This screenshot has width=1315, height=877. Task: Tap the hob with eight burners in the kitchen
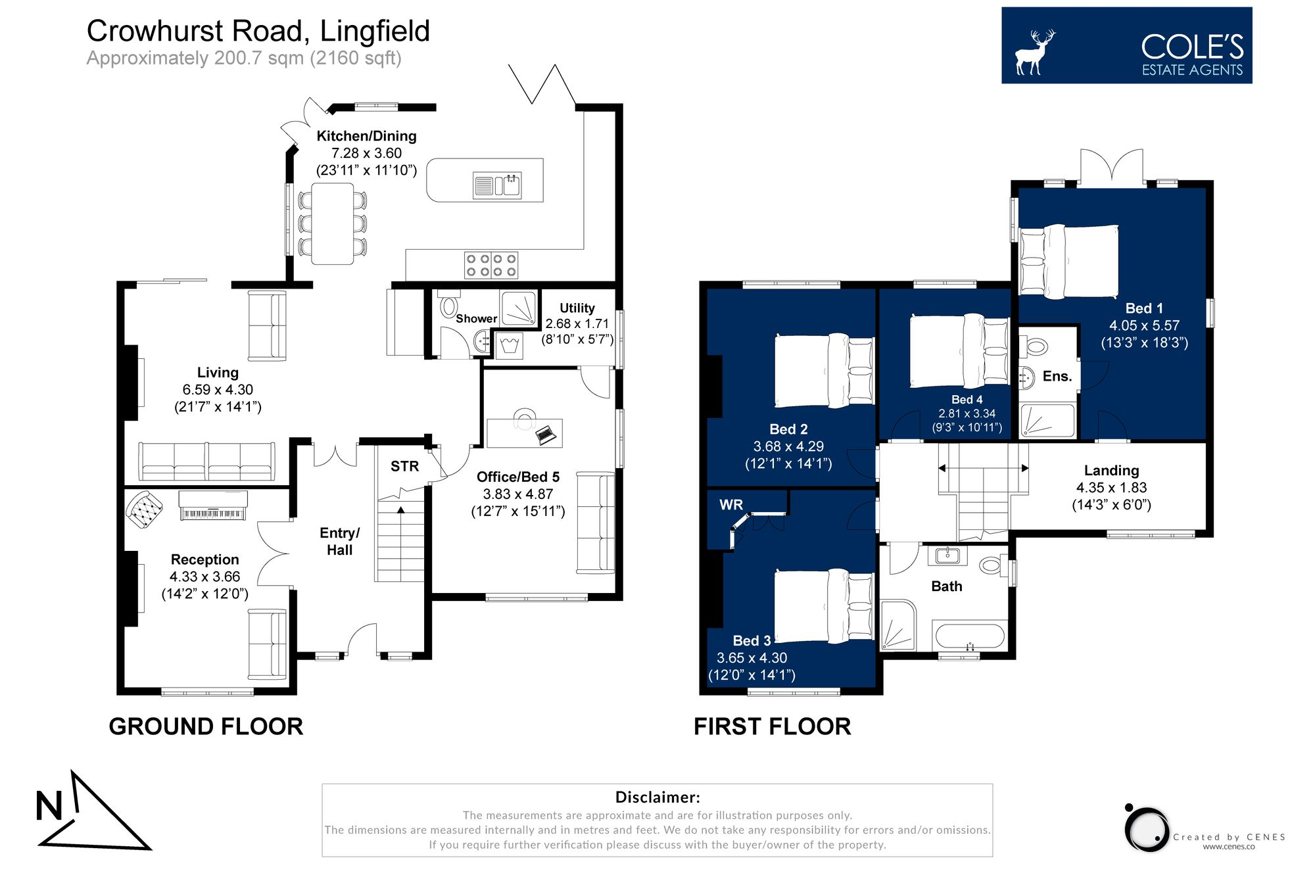pos(491,265)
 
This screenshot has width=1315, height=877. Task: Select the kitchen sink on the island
pos(498,185)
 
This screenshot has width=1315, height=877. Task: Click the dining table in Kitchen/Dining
pos(332,224)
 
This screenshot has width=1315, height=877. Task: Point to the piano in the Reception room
pos(213,506)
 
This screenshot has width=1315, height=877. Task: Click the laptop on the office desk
pos(546,435)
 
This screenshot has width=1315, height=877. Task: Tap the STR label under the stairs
pos(404,466)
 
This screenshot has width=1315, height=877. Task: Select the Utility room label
pos(577,308)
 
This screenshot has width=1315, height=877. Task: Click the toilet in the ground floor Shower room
pos(450,306)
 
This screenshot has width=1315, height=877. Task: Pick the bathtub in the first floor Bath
pos(970,636)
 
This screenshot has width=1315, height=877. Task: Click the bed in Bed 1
pos(1069,262)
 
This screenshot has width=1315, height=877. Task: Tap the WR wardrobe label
pos(730,504)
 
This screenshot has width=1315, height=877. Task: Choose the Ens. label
pos(1057,376)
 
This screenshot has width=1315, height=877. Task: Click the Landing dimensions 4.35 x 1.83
pos(1111,487)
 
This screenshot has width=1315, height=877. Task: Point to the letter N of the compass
pos(49,806)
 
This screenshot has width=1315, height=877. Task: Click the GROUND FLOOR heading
pos(206,726)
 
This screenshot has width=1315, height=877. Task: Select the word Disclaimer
pos(657,797)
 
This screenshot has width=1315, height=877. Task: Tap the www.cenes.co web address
pos(1228,847)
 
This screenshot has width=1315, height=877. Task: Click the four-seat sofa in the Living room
pos(206,461)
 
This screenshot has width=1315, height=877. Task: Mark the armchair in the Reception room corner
pos(144,509)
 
